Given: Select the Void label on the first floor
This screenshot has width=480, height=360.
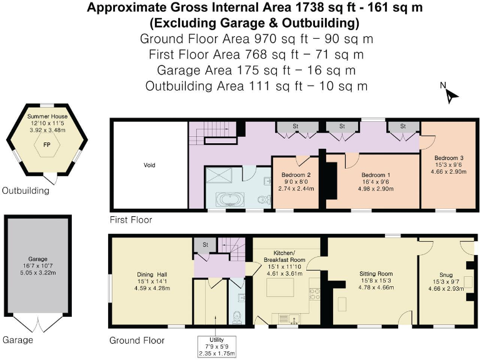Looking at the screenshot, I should (149, 166).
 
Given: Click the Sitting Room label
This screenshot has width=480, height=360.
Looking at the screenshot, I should (376, 274).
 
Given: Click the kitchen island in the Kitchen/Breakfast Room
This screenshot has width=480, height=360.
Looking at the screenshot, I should (275, 289).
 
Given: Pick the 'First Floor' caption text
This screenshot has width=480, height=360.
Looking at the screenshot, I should (131, 220).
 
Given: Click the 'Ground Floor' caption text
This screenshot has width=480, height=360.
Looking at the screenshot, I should (137, 341).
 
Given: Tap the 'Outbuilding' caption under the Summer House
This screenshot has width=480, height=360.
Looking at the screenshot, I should (25, 191).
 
